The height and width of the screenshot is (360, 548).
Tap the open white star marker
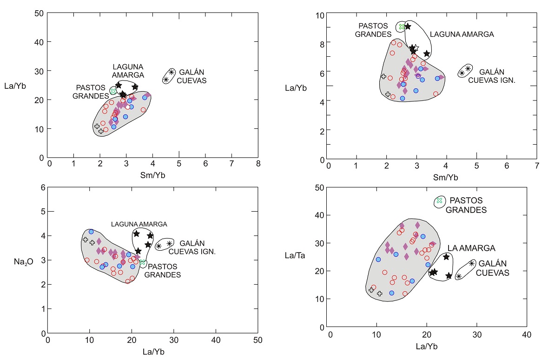[416, 48]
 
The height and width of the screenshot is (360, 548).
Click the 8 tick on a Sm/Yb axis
[258, 163]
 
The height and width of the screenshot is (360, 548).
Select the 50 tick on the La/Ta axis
[319, 187]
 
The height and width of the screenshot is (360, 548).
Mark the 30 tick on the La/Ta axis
[319, 243]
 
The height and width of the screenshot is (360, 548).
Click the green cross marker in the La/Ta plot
[439, 200]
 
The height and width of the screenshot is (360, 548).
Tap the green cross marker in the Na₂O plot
[143, 263]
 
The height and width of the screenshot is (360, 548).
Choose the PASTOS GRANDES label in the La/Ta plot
[466, 205]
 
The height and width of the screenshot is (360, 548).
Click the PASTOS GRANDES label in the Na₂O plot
[162, 271]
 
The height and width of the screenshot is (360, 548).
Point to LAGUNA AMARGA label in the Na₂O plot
[139, 224]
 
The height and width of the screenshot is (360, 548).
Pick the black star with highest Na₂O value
[136, 233]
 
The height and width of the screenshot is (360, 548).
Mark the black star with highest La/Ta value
[446, 257]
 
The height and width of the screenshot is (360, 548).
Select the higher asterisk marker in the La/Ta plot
[472, 263]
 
